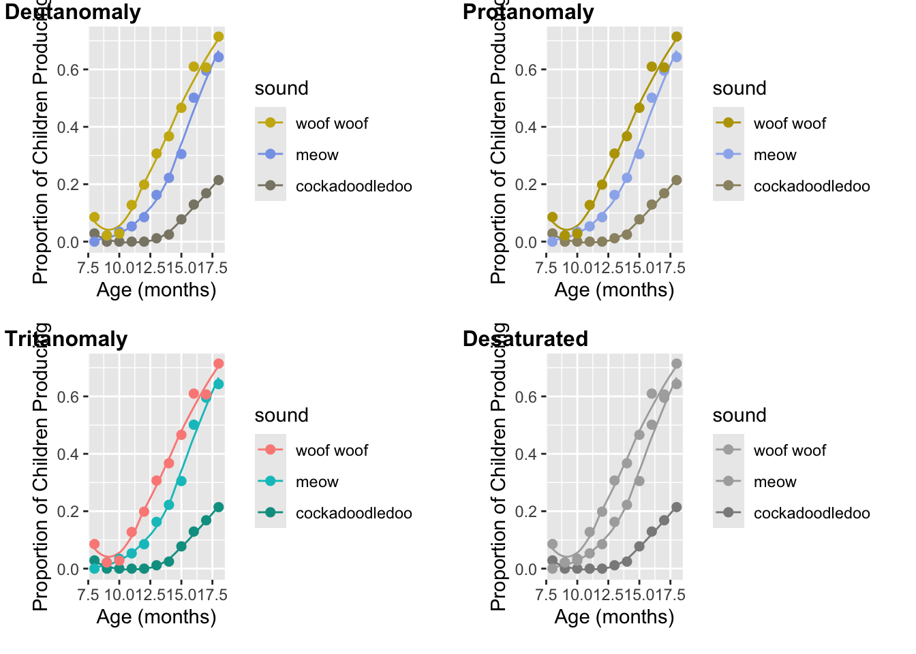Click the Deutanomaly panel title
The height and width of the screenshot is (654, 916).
coord(72,12)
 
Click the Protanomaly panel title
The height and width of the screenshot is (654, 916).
coord(528,12)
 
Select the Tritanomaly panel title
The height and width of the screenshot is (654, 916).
coord(66,339)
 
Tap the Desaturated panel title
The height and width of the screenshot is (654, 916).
coord(525,339)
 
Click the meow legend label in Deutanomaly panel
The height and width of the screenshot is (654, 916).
coord(317,155)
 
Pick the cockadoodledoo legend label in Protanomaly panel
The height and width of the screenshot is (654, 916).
coord(811,187)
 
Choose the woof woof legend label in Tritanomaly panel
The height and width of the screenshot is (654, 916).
coord(331,451)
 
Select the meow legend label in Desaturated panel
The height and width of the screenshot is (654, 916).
coord(775,482)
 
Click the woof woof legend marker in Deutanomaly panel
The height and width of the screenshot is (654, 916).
coord(271,123)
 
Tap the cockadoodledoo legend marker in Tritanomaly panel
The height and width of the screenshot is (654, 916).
coord(271,512)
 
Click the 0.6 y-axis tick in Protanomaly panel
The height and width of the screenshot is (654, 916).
coord(528,69)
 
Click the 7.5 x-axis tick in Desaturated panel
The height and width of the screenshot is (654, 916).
coord(547,595)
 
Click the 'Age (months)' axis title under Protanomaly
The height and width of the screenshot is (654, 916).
coord(614,290)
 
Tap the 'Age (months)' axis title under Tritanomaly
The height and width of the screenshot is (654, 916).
coord(156,617)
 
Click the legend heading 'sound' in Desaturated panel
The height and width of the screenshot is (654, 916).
coord(739,416)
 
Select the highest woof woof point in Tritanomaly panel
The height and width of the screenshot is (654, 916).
coord(218,364)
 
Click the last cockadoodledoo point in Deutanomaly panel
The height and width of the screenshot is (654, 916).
coord(218,181)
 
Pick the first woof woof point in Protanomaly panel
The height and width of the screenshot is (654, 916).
coord(552,217)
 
